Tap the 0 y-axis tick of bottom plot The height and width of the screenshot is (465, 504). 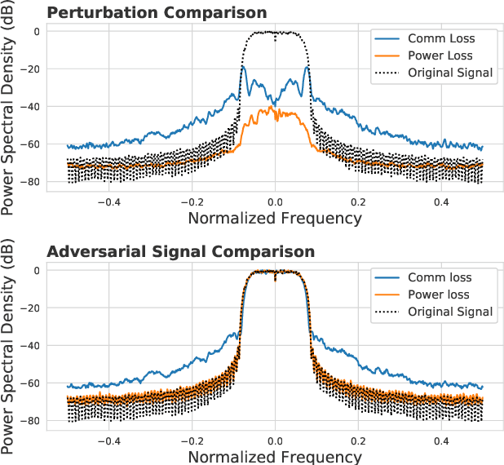tap(36, 271)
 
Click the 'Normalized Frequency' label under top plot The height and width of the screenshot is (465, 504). tap(275, 218)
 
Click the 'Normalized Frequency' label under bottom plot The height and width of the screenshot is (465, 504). tap(275, 456)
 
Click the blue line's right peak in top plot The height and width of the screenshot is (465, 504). tap(307, 68)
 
